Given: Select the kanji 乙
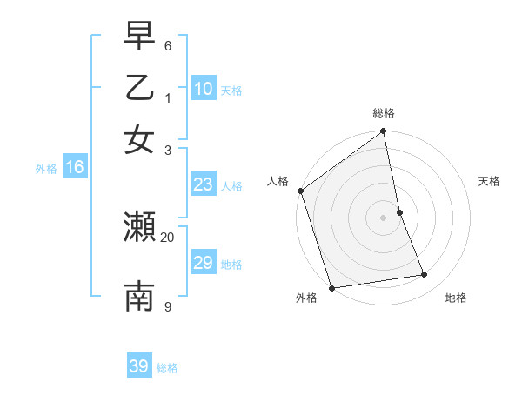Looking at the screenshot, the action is pos(139,88).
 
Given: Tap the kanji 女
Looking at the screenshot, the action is pos(139,140).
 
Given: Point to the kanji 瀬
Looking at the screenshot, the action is pos(139,228).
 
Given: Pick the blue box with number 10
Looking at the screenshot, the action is pos(204,89).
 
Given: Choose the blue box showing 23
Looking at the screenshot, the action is pos(204,184).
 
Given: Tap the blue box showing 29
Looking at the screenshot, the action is pos(204,263).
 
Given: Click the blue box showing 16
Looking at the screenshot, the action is pos(75,168).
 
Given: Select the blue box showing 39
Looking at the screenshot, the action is pos(139,366).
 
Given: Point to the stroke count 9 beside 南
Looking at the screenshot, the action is pos(168,306).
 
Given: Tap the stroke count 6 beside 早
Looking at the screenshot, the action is pos(168,44).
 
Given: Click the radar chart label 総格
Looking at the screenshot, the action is pos(384,114).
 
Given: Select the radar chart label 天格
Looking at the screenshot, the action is pos(489,181).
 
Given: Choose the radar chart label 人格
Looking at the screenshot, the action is pos(278,181).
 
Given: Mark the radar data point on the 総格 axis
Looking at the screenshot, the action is pos(384,132).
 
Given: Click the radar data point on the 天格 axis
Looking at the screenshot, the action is pos(399,211).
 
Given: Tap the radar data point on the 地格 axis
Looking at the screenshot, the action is pos(425,275).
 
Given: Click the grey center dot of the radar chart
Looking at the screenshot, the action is pos(384,217).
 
